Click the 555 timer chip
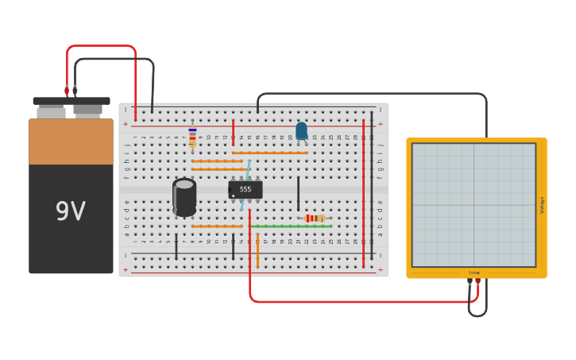pyautogui.click(x=245, y=189)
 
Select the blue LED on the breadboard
pyautogui.click(x=301, y=130)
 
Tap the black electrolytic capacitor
pyautogui.click(x=184, y=197)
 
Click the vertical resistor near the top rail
pyautogui.click(x=192, y=137)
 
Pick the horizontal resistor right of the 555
pyautogui.click(x=315, y=218)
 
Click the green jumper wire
pyautogui.click(x=291, y=226)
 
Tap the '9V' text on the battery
pyautogui.click(x=71, y=211)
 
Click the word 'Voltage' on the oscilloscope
pyautogui.click(x=543, y=205)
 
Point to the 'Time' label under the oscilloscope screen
pyautogui.click(x=474, y=273)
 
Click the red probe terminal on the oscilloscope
pyautogui.click(x=477, y=281)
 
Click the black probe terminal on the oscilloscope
pyautogui.click(x=470, y=281)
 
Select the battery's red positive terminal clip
pyautogui.click(x=67, y=91)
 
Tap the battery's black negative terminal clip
pyautogui.click(x=75, y=91)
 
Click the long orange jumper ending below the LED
pyautogui.click(x=270, y=153)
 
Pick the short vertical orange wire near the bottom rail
pyautogui.click(x=257, y=250)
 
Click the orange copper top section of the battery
pyautogui.click(x=71, y=141)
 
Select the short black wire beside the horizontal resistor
pyautogui.click(x=298, y=193)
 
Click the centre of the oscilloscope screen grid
pyautogui.click(x=474, y=205)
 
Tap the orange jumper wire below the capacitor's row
pyautogui.click(x=217, y=226)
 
